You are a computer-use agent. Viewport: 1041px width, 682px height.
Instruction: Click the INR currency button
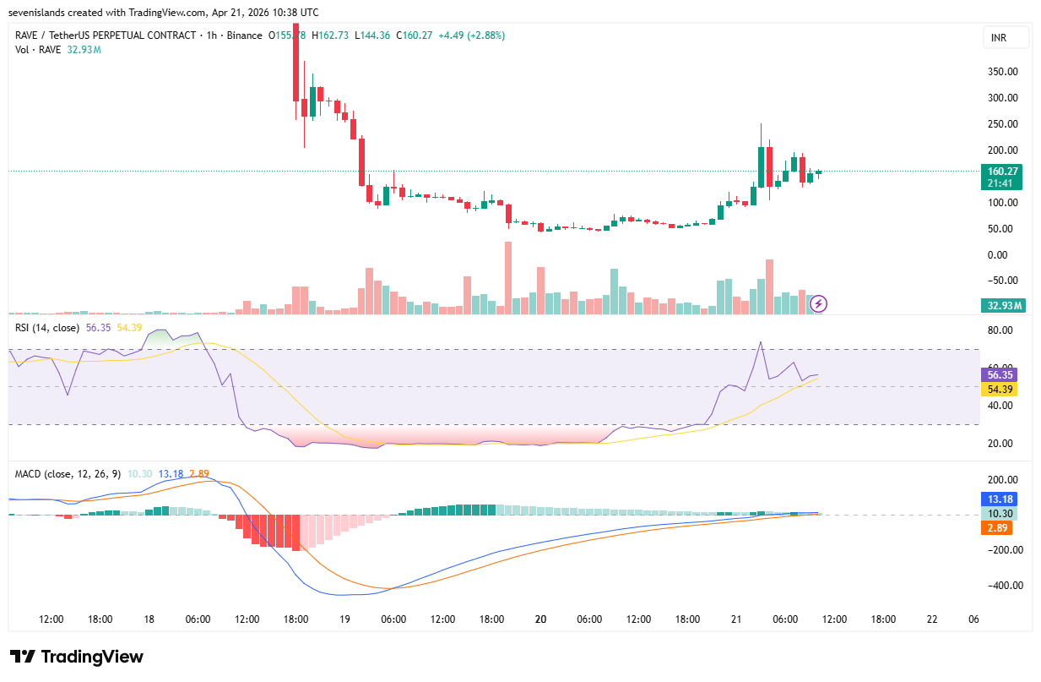tap(1006, 38)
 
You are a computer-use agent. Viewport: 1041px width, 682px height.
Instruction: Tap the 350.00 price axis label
tap(1002, 72)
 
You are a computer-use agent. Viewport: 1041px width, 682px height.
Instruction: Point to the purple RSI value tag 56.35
tap(1002, 374)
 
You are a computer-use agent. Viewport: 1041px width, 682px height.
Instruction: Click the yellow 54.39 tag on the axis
tap(1002, 389)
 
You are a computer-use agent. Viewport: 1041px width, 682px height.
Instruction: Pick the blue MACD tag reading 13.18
tap(1001, 499)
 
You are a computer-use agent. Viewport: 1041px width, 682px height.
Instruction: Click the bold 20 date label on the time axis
tap(540, 619)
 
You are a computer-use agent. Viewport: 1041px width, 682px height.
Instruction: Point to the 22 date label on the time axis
tap(932, 619)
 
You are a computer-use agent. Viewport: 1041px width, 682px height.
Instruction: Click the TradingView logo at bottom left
tap(77, 657)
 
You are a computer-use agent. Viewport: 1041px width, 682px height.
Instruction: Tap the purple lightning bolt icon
tap(817, 303)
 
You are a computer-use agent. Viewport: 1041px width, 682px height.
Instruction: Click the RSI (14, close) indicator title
tap(47, 327)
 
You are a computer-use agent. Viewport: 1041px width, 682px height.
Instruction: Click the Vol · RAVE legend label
tap(38, 50)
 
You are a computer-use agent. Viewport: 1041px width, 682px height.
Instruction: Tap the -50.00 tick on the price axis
tap(1002, 281)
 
